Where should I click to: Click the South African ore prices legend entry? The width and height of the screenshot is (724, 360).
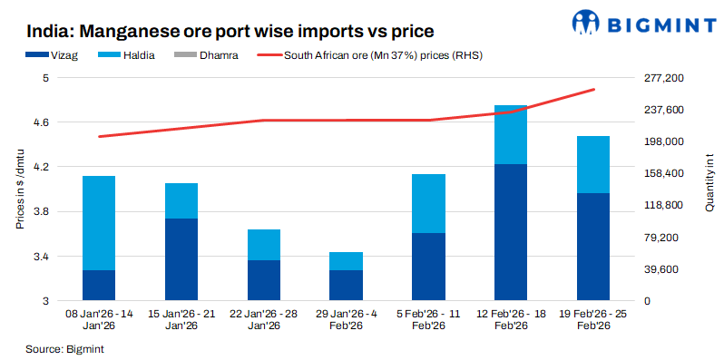click(381, 56)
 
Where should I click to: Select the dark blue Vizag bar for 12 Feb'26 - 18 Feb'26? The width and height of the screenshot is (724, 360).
click(511, 231)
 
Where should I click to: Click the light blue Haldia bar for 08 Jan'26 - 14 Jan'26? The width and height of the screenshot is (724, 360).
click(98, 223)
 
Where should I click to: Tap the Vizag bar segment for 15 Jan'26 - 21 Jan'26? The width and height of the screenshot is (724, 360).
click(181, 258)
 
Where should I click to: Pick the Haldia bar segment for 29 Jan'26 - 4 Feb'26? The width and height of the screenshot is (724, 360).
click(346, 261)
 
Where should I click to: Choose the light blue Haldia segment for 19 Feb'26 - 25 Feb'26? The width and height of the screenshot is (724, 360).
click(593, 164)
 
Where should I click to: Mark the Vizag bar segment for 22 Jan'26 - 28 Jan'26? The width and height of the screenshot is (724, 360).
click(263, 279)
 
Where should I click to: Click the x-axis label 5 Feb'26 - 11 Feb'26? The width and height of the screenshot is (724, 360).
click(428, 319)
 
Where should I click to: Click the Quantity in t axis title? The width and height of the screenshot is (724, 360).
click(709, 190)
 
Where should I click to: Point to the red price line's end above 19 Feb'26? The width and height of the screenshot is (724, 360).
click(593, 90)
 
